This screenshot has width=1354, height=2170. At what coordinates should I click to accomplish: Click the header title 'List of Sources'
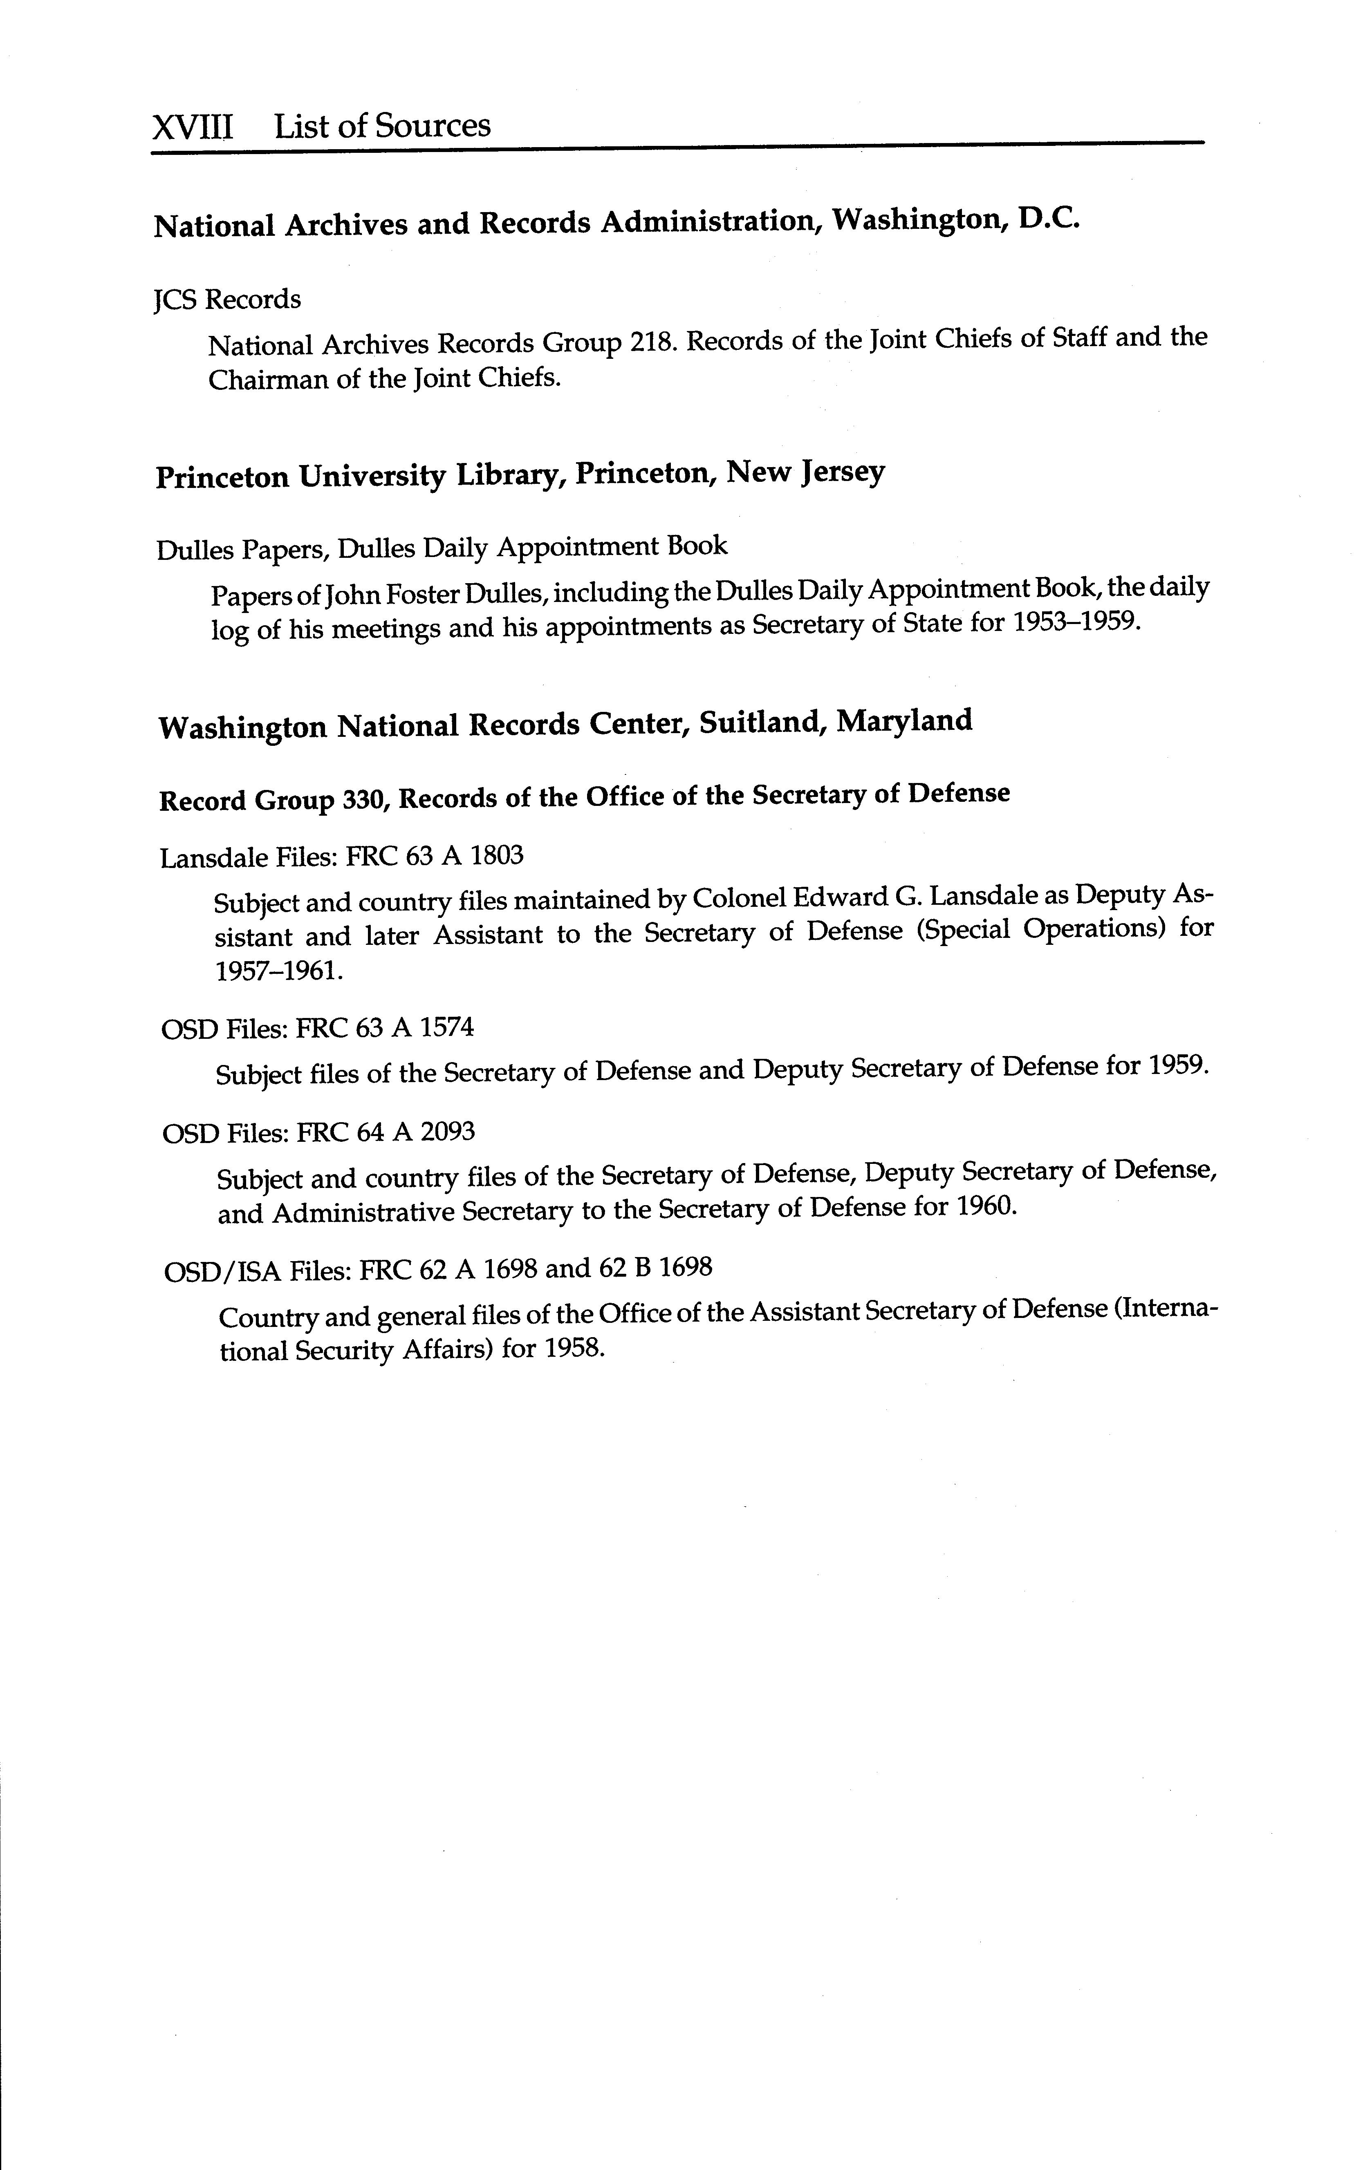pyautogui.click(x=382, y=125)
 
